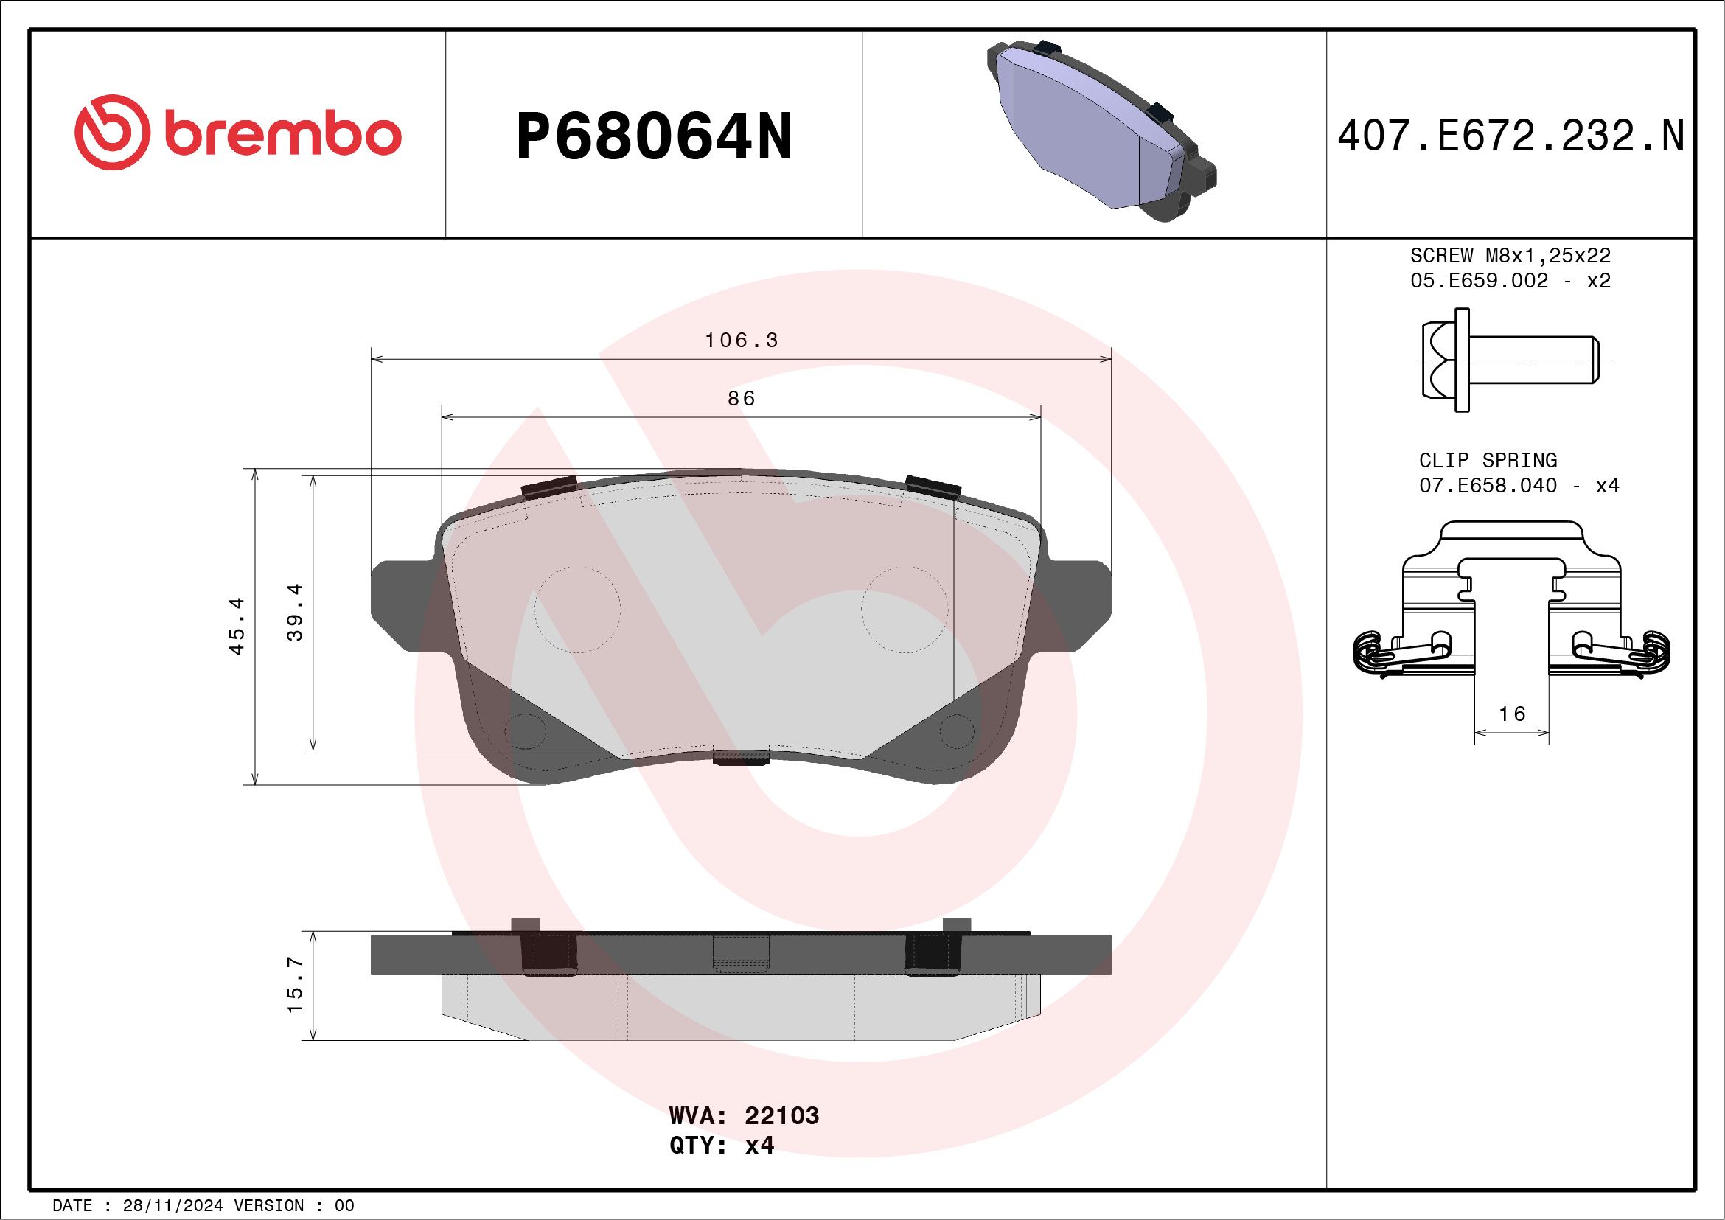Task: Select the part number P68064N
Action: click(x=654, y=136)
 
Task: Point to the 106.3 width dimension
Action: click(x=741, y=341)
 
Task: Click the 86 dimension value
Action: click(x=741, y=398)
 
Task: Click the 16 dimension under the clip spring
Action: click(x=1512, y=714)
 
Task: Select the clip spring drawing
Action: click(x=1512, y=601)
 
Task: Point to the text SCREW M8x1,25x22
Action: click(x=1510, y=255)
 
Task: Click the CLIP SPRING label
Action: click(x=1488, y=460)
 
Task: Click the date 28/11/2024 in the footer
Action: click(x=172, y=1206)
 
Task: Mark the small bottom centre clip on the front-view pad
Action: click(x=741, y=757)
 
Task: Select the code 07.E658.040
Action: click(x=1488, y=485)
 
